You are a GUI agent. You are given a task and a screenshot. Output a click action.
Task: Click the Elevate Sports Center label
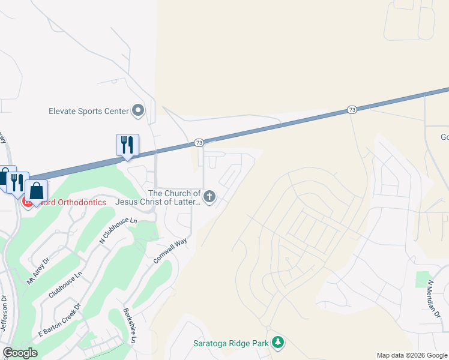[x=89, y=111]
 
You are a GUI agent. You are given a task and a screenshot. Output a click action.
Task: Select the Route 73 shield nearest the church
[x=199, y=143]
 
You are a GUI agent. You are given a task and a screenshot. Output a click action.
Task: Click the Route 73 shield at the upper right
[x=352, y=110]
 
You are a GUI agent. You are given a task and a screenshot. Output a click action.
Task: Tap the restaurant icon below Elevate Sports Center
[x=127, y=145]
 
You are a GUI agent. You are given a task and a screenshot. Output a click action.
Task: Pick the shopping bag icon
[x=37, y=191]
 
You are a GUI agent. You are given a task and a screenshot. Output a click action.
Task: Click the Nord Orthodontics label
[x=69, y=202]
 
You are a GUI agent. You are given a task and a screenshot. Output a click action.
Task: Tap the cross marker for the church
[x=209, y=196]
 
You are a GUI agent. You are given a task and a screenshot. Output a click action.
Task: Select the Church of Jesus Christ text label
[x=174, y=197]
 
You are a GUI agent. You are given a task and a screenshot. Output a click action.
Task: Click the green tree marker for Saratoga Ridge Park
[x=277, y=343]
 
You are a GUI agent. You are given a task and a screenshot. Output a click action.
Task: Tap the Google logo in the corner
[x=20, y=353]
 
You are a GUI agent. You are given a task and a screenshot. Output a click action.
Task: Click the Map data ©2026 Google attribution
[x=412, y=355]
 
